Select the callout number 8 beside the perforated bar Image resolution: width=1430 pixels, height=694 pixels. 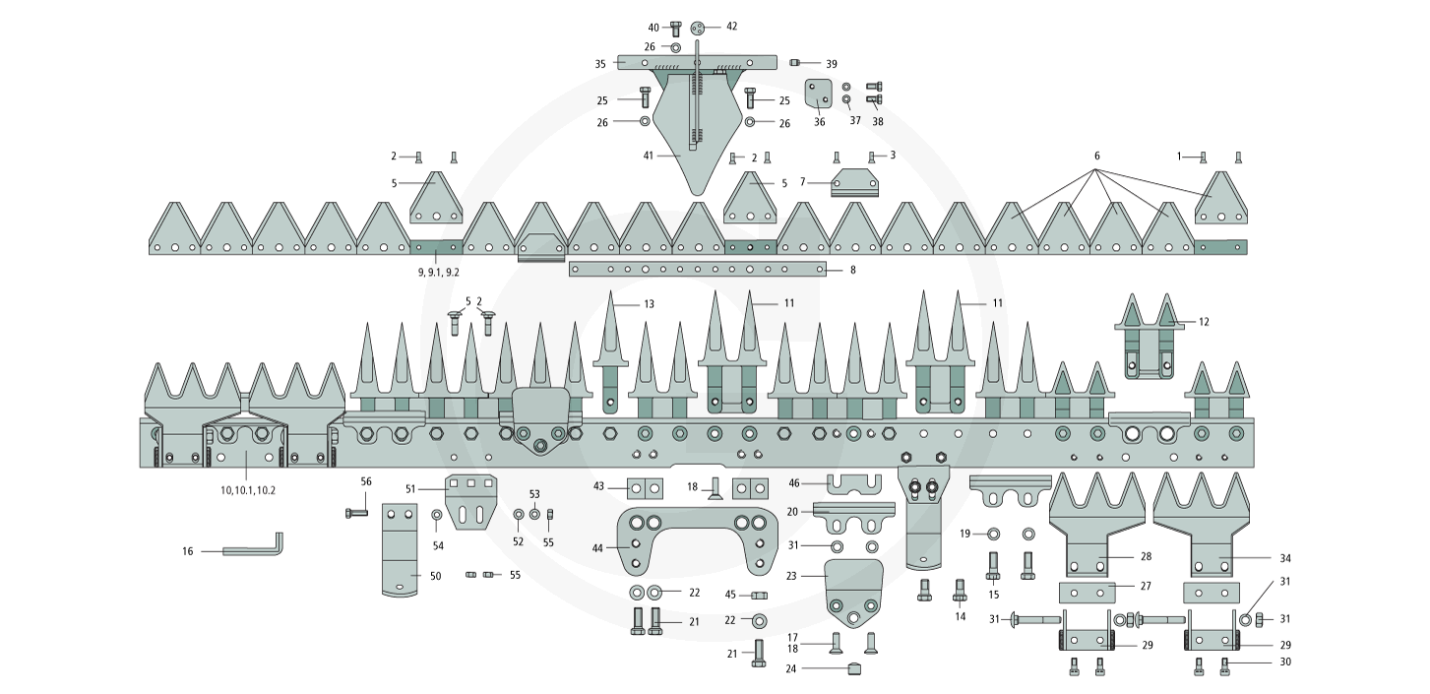[852, 269]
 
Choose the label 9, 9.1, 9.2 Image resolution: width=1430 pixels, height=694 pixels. [438, 271]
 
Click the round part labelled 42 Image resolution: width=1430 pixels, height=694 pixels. [698, 27]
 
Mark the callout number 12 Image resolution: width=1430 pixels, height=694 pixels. [1204, 322]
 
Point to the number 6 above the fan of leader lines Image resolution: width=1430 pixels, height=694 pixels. [1096, 156]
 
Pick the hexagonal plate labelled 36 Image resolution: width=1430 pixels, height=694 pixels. [819, 96]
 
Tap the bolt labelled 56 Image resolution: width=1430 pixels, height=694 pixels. [357, 512]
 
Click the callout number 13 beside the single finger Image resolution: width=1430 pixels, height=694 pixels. [649, 304]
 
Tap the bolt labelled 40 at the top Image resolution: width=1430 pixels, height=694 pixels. [676, 28]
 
